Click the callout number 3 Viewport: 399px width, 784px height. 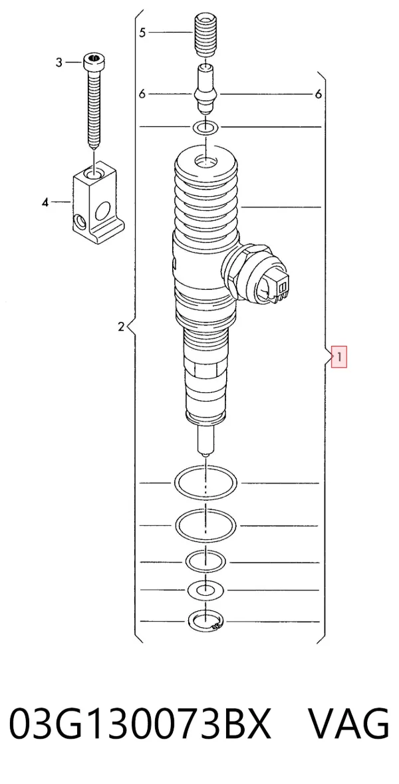(x=59, y=63)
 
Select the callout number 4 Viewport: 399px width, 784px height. (x=45, y=203)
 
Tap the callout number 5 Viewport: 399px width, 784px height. (x=142, y=33)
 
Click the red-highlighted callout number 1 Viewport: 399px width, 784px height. (x=339, y=358)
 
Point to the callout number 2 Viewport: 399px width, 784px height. (x=120, y=328)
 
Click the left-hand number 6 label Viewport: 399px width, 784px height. (x=142, y=94)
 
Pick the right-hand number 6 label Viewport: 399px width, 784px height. (x=319, y=94)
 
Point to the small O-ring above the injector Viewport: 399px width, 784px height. (x=205, y=128)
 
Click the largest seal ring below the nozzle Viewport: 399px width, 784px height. (x=205, y=483)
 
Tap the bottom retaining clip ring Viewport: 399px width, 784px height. (x=205, y=622)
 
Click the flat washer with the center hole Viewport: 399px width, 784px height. (x=205, y=590)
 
